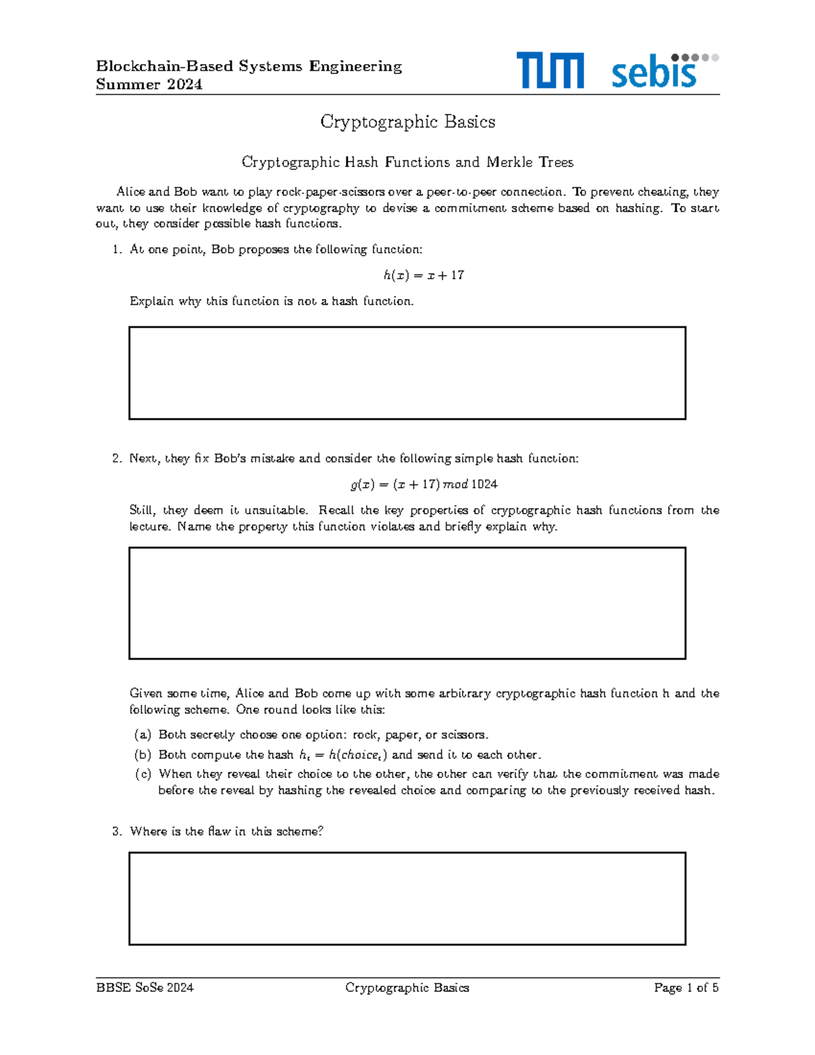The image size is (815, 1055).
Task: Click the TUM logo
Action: click(549, 71)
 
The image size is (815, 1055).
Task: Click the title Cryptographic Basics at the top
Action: click(407, 122)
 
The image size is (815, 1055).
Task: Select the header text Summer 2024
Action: click(149, 84)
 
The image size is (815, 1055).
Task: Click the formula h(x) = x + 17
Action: click(423, 275)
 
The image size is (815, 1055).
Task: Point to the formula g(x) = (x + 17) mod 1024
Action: click(423, 484)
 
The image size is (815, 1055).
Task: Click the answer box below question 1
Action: click(407, 373)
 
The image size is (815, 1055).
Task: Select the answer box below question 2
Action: click(407, 603)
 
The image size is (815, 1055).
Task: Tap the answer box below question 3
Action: click(407, 898)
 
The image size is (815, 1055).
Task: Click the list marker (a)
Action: click(143, 734)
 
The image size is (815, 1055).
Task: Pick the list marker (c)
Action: click(143, 774)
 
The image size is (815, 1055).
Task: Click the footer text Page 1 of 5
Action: click(686, 988)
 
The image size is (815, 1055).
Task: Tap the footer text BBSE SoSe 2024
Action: click(145, 988)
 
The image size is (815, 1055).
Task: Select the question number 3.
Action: click(116, 832)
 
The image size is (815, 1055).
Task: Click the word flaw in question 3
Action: click(219, 832)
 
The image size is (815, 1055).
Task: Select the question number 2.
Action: click(116, 459)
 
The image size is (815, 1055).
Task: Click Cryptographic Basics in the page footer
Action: click(407, 988)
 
